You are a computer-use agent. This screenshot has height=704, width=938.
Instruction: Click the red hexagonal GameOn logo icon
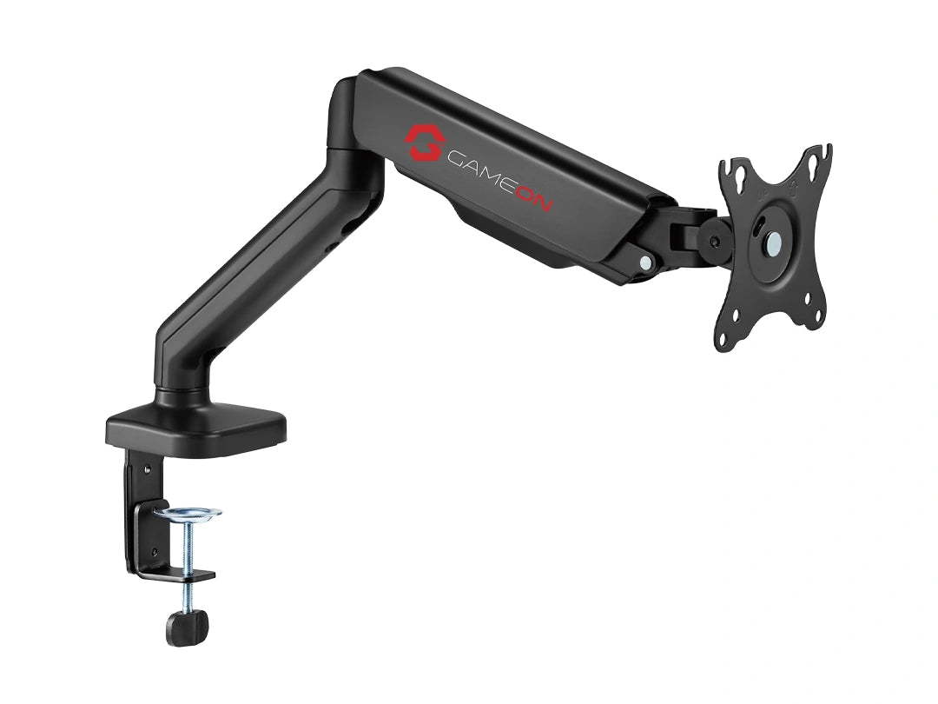[x=425, y=143]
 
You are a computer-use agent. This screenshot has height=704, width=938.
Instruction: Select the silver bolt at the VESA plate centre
[x=774, y=242]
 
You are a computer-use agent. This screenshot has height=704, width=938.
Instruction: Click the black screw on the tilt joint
[x=715, y=242]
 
